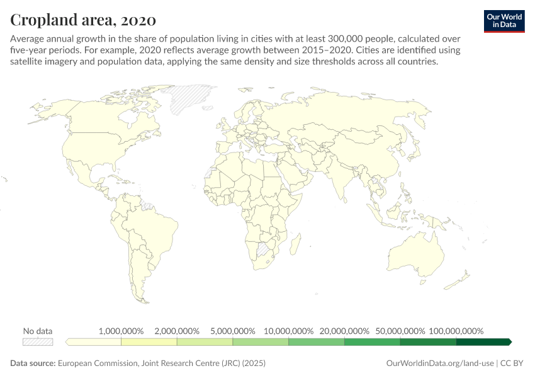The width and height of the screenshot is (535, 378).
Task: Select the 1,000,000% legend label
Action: tap(121, 331)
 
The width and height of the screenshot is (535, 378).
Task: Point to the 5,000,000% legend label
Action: tap(233, 331)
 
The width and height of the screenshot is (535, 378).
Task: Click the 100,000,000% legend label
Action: tap(456, 331)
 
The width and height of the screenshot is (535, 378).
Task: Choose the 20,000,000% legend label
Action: tap(344, 331)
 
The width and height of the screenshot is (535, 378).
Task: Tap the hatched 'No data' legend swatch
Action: tap(38, 341)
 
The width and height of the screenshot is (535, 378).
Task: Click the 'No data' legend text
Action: tap(38, 331)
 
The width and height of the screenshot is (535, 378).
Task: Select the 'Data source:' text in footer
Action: tap(33, 364)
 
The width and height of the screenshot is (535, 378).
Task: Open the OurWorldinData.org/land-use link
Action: tap(439, 364)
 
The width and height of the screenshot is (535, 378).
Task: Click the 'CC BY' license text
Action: tap(513, 364)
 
